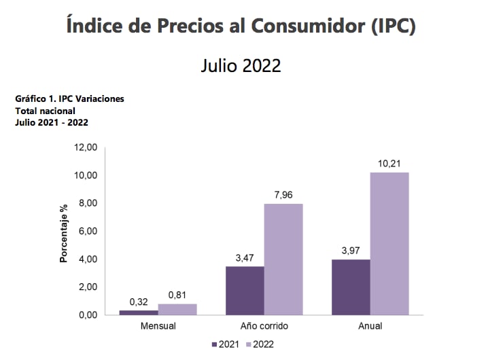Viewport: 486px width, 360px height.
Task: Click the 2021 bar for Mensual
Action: (139, 312)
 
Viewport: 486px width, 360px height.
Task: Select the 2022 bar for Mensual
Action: (177, 309)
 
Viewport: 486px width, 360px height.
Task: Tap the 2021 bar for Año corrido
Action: (245, 291)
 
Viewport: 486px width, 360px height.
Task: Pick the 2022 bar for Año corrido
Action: (283, 259)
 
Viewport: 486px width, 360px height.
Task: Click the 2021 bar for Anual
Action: (351, 287)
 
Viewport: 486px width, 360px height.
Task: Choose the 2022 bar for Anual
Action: (389, 243)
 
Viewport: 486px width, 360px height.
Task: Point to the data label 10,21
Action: (389, 163)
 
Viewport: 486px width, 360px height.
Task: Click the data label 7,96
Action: (283, 195)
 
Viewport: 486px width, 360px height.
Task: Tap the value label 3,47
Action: (245, 258)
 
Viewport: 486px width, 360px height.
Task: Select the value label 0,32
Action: (139, 302)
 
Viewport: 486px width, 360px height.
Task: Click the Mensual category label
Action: (158, 326)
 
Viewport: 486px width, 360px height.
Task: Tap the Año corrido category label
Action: (264, 326)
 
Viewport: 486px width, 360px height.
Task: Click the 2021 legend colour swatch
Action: (215, 344)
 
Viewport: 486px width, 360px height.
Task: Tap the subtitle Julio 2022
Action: (241, 65)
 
